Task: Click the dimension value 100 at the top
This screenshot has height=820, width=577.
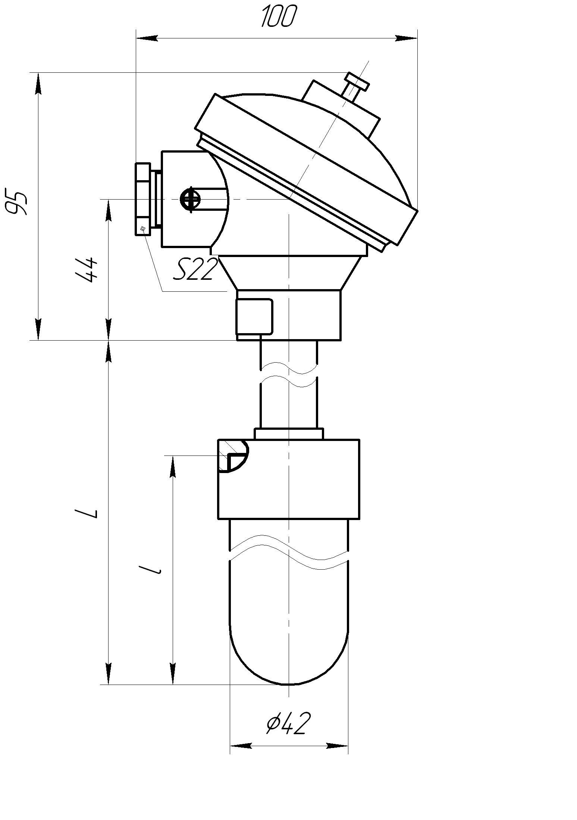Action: tap(279, 16)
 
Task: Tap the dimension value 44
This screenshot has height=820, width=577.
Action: tap(87, 269)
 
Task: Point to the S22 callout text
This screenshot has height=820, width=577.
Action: tap(195, 269)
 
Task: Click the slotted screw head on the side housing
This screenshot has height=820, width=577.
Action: tap(190, 199)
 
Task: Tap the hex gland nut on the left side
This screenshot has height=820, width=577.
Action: tap(143, 199)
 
